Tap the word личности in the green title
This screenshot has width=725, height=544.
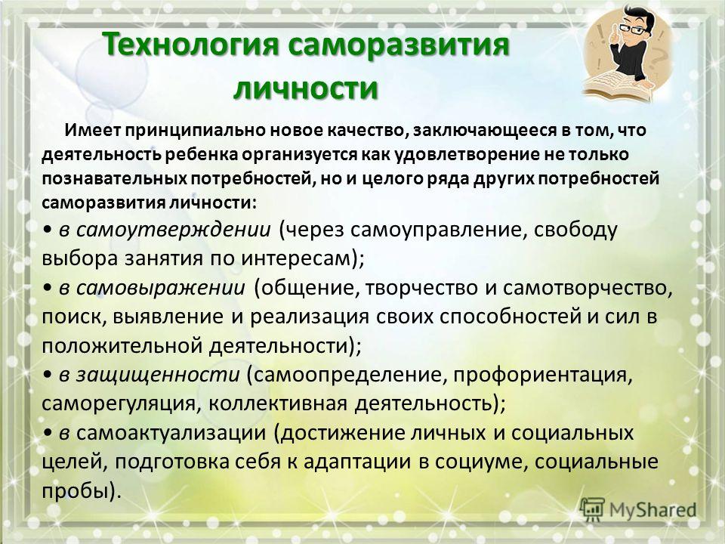point(306,88)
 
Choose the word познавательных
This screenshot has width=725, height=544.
point(115,179)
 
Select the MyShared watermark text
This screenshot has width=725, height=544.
point(652,510)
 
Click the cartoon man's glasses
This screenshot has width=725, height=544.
point(632,29)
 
